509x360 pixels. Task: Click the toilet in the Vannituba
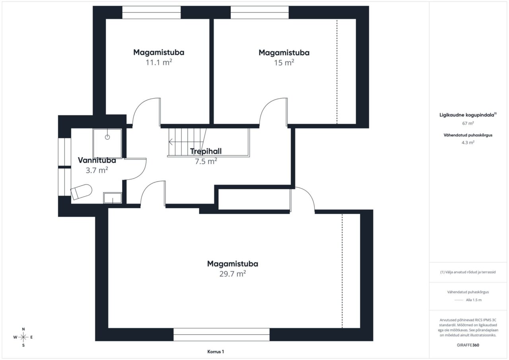pos(82,192)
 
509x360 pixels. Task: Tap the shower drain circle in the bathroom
pos(107,137)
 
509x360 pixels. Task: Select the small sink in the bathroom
pos(113,198)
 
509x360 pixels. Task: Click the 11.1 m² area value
pos(159,62)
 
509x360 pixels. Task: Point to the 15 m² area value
pos(284,62)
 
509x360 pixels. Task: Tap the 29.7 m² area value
pos(233,274)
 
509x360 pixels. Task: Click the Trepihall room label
pos(206,151)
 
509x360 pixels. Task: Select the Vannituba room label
pos(97,160)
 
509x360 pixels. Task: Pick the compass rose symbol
pos(23,337)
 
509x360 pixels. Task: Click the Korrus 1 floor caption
pos(216,352)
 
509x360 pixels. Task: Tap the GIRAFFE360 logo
pos(468,345)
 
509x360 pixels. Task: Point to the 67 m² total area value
pos(468,123)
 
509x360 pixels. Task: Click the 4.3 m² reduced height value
pos(468,142)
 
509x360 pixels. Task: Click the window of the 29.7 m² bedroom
pos(221,335)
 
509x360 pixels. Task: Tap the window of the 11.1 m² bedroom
pos(152,12)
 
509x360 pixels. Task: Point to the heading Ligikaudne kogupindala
pos(468,115)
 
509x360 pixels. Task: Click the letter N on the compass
pos(23,329)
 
